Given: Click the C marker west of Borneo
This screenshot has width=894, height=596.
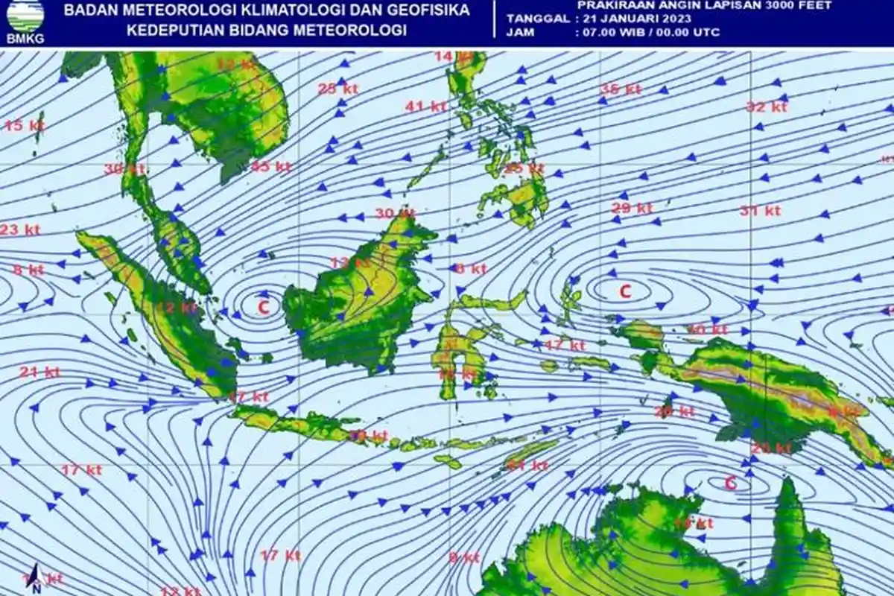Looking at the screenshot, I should [263, 305].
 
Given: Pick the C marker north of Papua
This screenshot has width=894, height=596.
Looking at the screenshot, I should [625, 291].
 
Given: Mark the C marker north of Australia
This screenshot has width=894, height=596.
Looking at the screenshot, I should [730, 483].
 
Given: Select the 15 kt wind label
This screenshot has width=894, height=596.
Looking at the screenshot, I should [25, 125].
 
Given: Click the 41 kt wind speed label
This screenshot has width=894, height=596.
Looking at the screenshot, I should [425, 107].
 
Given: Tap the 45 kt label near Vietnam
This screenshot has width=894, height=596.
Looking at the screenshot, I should [270, 166].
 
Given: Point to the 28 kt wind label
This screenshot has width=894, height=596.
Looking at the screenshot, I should [338, 89].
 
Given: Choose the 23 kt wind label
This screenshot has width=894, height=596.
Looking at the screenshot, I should [19, 229].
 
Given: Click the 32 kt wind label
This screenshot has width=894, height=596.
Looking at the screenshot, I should [767, 107].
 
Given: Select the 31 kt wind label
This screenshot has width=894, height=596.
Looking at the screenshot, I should [760, 211].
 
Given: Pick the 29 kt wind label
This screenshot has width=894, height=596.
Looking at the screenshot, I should [632, 208].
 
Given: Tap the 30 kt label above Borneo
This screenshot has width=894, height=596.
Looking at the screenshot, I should [394, 213].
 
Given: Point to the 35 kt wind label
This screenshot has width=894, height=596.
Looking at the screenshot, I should [621, 89].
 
